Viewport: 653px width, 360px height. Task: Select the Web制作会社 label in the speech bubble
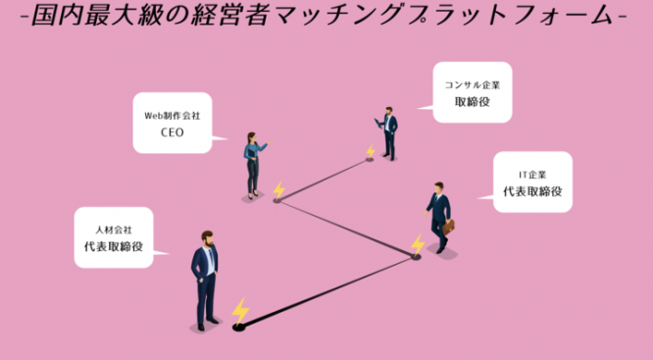[x=172, y=116]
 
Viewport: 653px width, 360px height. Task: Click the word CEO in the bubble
[x=172, y=133]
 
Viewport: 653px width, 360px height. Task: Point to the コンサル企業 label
[x=471, y=84]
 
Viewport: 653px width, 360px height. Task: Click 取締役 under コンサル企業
[x=471, y=102]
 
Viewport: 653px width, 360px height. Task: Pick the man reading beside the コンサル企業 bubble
[x=389, y=132]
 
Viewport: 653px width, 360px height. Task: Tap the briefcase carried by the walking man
[x=449, y=227]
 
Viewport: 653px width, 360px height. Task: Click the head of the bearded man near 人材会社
[x=207, y=239]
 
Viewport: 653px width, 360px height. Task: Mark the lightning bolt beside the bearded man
[x=240, y=311]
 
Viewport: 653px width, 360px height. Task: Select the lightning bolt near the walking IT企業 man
[x=418, y=244]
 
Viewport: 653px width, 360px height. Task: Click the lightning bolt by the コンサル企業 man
[x=371, y=152]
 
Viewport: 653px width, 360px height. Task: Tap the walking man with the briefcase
[x=438, y=216]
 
